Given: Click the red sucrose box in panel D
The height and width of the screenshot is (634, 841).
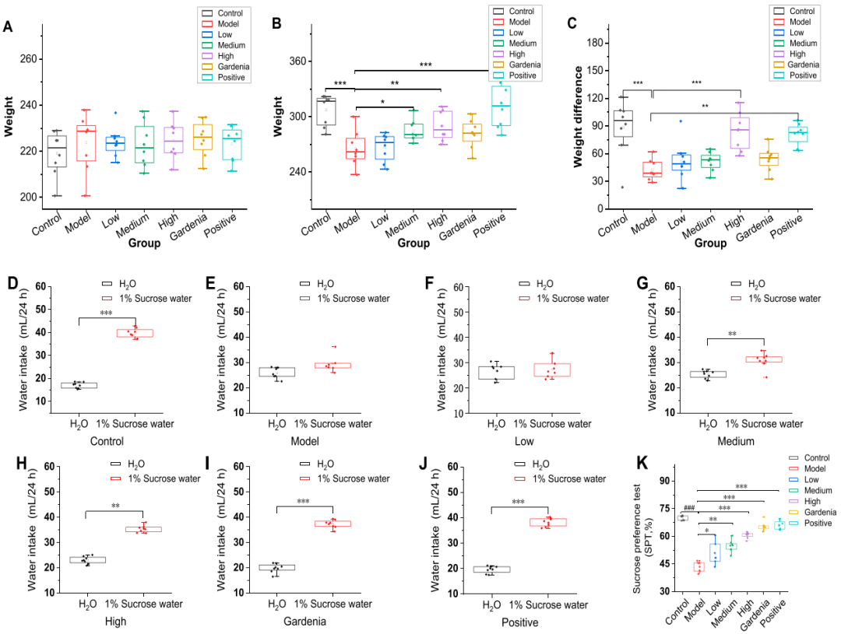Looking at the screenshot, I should coord(135,333).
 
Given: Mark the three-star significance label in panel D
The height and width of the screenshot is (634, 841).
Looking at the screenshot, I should coord(106,313).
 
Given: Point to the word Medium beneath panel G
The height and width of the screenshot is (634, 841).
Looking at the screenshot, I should coord(735,440).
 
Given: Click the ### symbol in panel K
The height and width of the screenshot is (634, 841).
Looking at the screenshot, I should coord(689,507).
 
